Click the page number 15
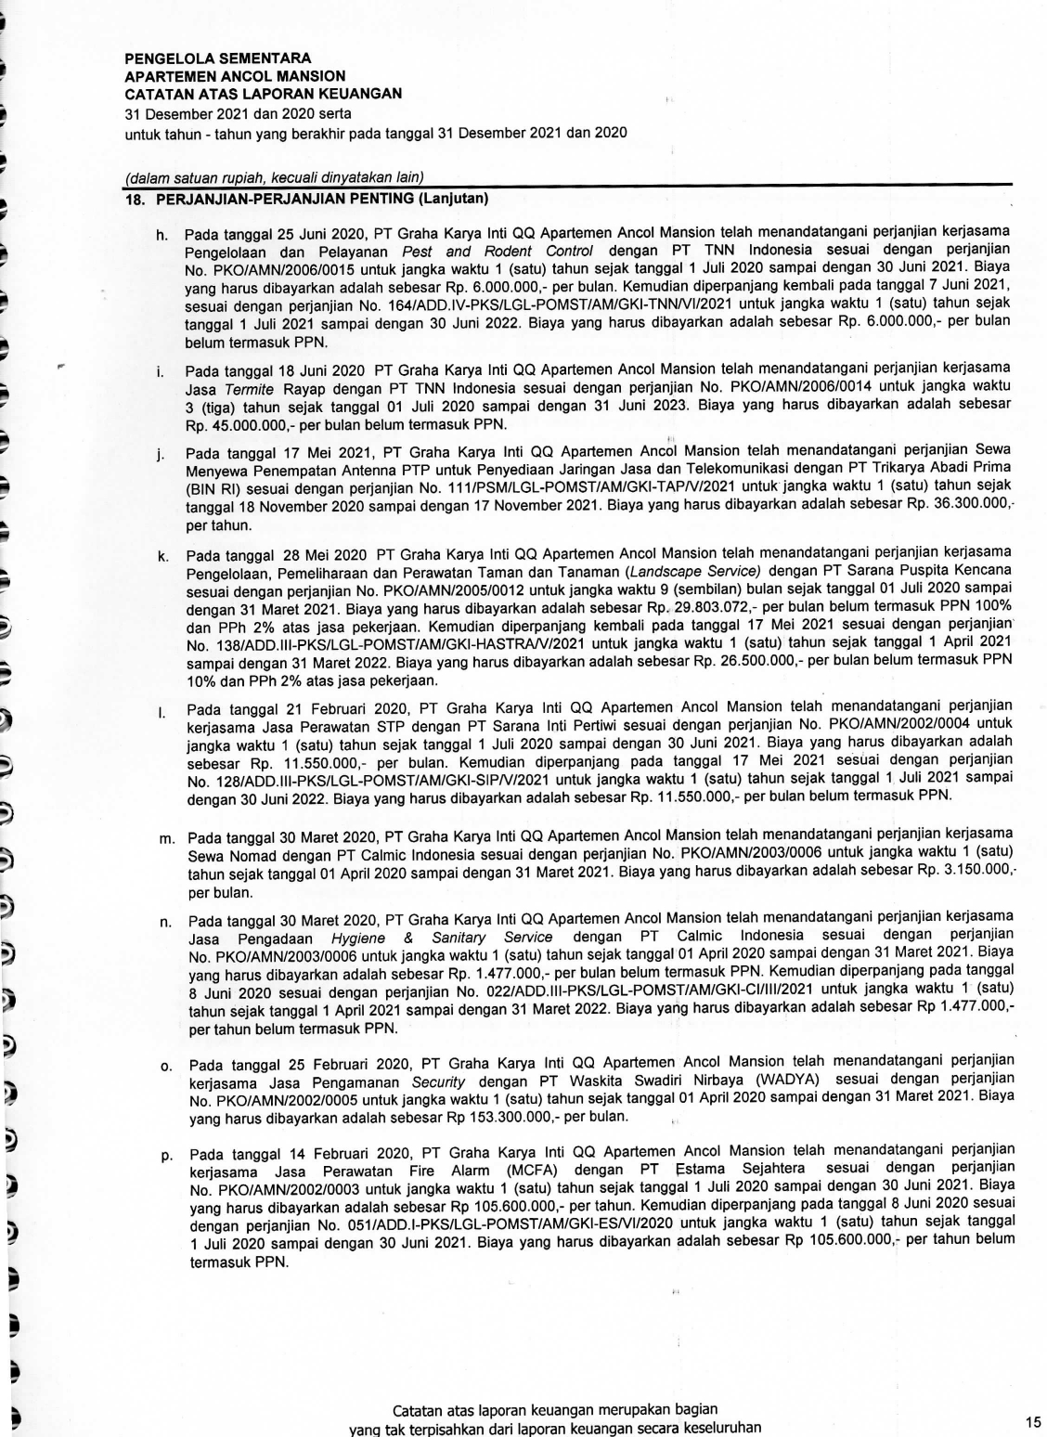[x=1033, y=1421]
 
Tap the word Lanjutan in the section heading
[x=455, y=199]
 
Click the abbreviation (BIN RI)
[x=212, y=485]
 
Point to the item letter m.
[x=167, y=839]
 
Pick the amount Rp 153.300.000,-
[x=486, y=1116]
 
